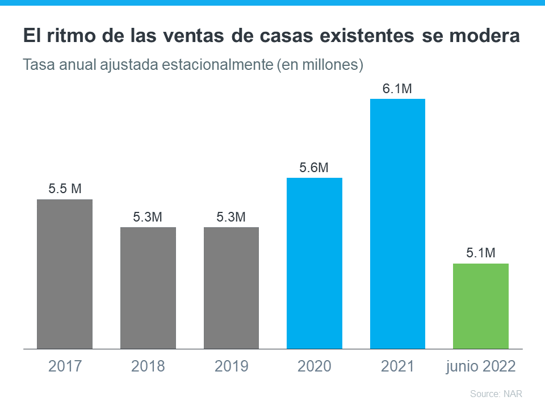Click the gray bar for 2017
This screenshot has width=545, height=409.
click(x=65, y=274)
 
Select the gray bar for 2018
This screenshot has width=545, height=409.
click(x=148, y=287)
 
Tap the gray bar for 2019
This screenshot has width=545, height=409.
click(x=231, y=287)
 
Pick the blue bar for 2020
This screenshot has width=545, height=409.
click(x=315, y=263)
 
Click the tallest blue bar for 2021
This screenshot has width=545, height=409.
click(x=397, y=223)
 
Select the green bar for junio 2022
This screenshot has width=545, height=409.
click(x=481, y=306)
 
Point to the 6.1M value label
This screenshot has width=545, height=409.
click(x=397, y=89)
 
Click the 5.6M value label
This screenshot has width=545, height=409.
click(x=314, y=168)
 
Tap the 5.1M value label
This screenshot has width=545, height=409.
click(x=480, y=253)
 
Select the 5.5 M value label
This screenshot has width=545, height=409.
click(x=65, y=189)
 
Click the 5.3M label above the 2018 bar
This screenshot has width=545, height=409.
click(x=148, y=217)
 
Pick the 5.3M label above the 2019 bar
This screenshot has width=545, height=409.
click(x=231, y=217)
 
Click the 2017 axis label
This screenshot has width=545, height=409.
click(x=65, y=366)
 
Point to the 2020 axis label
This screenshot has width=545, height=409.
click(x=314, y=366)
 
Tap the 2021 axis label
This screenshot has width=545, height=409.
click(x=397, y=366)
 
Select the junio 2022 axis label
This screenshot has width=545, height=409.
click(x=480, y=366)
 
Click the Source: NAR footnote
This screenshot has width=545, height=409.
click(x=496, y=394)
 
